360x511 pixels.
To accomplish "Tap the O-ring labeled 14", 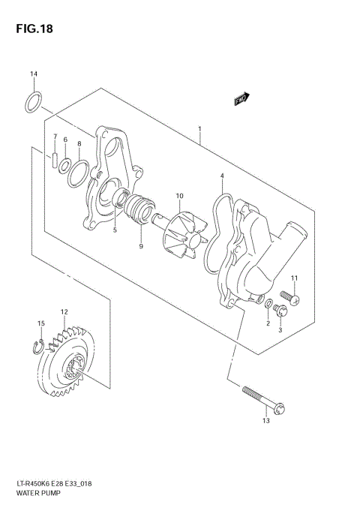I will click(33, 101).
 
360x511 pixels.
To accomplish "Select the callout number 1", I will click(199, 129).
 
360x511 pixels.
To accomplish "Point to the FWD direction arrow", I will click(242, 99).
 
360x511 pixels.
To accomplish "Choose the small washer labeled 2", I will click(268, 304).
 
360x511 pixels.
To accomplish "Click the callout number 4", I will click(221, 176).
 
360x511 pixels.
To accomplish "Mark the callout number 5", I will click(114, 230).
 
